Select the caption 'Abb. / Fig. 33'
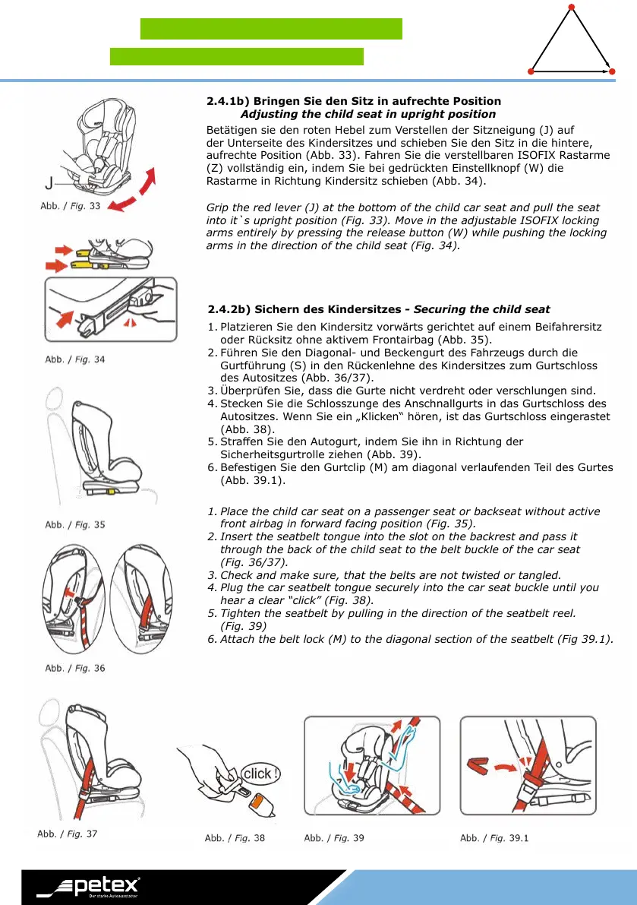coord(71,206)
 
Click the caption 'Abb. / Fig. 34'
coord(75,359)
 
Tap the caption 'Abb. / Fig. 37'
coord(68,834)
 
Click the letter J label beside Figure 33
coord(49,182)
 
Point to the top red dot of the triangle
coord(571,8)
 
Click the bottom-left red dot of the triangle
coord(531,71)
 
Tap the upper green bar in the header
coord(271,29)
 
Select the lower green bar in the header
coord(237,56)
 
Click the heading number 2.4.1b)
coord(228,101)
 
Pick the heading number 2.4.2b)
coord(229,309)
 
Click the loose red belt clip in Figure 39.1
coord(478,765)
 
